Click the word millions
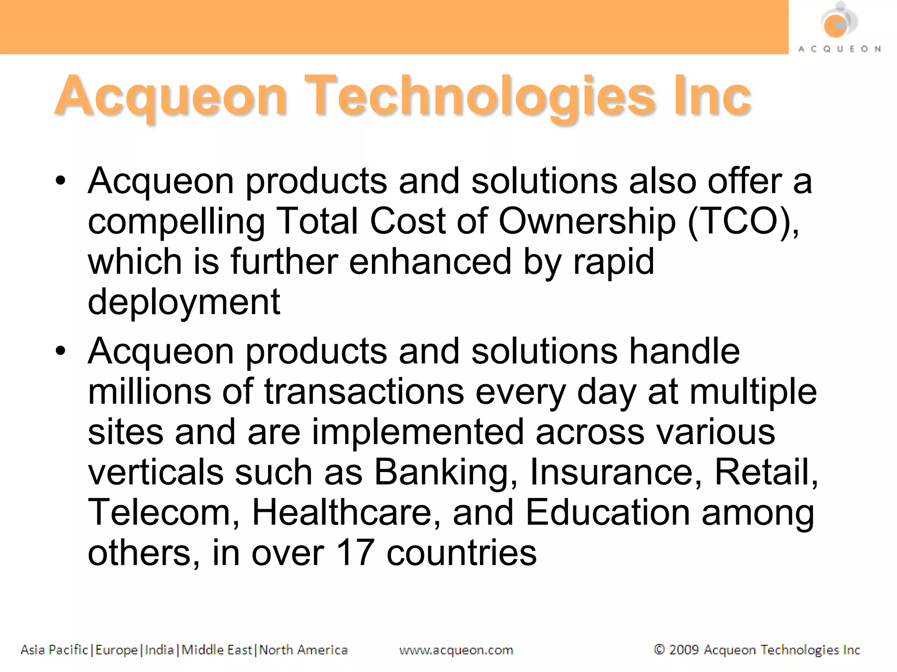coord(149,391)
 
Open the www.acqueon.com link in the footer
coord(456,650)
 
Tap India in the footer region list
coord(159,650)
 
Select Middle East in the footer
coord(217,650)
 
